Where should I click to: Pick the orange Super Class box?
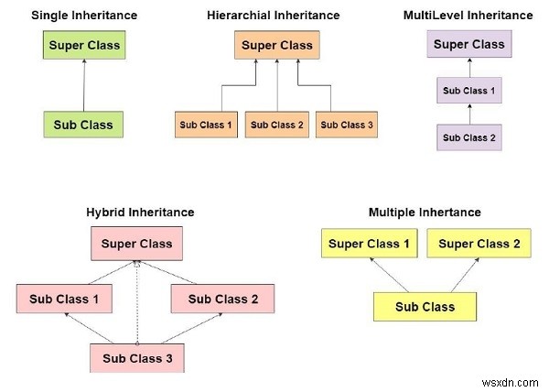(276, 45)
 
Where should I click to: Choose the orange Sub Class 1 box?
(206, 125)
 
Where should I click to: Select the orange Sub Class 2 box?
(276, 125)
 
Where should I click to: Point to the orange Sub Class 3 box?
(347, 125)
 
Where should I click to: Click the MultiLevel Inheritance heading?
(468, 16)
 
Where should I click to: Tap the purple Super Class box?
(468, 44)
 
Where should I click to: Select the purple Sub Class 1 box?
(468, 92)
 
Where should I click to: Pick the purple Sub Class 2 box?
(468, 137)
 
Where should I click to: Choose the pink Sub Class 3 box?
(137, 358)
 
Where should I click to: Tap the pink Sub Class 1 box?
(64, 299)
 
